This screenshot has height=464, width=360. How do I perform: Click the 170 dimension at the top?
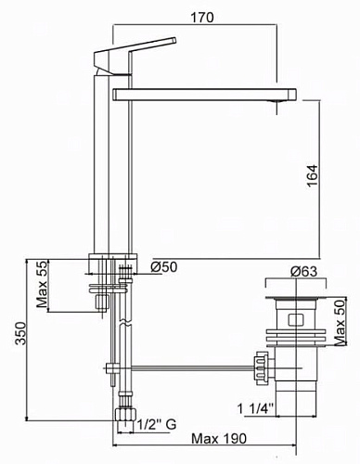[x=202, y=18]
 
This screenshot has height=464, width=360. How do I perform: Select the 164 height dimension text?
[x=313, y=175]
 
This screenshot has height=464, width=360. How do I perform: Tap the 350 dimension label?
[x=20, y=333]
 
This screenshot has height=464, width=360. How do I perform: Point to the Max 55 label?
[x=42, y=284]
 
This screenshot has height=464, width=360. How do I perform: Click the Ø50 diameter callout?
[x=164, y=266]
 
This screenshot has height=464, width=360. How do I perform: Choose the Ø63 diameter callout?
[x=304, y=271]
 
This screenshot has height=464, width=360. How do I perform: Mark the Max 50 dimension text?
[x=340, y=322]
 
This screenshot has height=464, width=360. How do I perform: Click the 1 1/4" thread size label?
[x=255, y=408]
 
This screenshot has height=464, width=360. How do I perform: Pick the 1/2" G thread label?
[x=157, y=424]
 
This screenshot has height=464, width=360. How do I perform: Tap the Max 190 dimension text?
[x=219, y=438]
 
